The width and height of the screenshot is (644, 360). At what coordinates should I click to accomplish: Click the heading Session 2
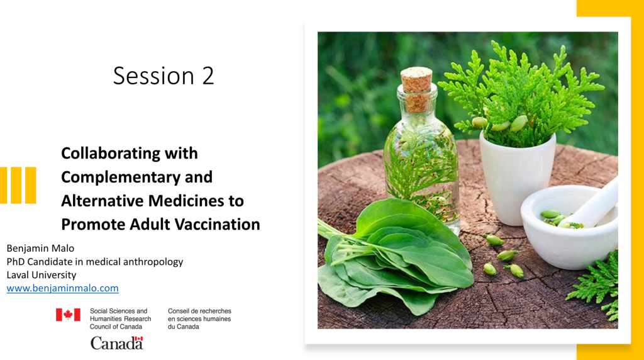[164, 76]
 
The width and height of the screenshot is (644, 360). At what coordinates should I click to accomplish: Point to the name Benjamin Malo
[40, 248]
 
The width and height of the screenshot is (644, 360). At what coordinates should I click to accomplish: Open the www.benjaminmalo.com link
[62, 288]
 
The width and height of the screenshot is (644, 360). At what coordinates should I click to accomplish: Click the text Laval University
[41, 274]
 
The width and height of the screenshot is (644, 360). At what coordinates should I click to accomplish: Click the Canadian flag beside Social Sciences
[68, 315]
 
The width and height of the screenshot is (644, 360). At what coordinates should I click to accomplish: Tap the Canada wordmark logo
[116, 343]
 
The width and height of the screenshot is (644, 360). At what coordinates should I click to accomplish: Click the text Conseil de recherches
[199, 311]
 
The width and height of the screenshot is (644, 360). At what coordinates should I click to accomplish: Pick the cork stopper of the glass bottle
[416, 89]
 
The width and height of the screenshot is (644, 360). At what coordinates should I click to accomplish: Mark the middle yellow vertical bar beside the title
[16, 185]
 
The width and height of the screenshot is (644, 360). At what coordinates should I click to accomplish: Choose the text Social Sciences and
[118, 311]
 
